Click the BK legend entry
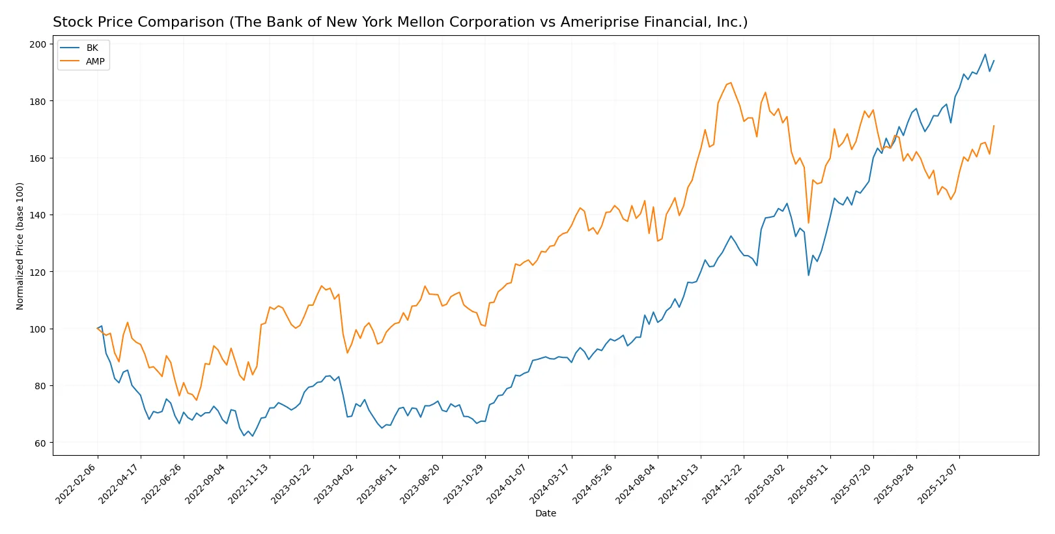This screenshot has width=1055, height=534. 92,48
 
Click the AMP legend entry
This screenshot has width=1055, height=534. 95,61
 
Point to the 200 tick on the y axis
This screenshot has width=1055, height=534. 38,44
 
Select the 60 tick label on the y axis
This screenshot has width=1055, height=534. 40,443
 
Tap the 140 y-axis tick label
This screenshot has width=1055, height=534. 38,215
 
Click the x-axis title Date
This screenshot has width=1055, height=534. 545,513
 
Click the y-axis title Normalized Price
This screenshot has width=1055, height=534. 20,246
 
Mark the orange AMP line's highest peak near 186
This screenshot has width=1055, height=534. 731,83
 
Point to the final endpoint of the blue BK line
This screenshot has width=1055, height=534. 994,61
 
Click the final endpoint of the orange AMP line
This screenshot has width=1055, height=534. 994,126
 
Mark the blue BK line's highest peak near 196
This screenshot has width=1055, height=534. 985,55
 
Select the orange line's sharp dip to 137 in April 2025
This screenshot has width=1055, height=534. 808,223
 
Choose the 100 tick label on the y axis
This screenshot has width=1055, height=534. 38,329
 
